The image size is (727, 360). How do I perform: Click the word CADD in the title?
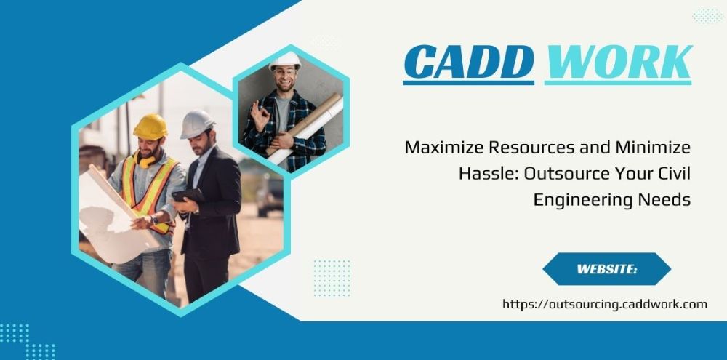(x=468, y=62)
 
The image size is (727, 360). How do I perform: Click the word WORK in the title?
(x=619, y=62)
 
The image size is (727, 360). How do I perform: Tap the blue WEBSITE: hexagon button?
(x=607, y=269)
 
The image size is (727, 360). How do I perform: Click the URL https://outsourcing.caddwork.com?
(x=605, y=304)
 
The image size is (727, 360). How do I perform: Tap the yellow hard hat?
(x=150, y=127)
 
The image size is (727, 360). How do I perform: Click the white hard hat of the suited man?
(x=196, y=124)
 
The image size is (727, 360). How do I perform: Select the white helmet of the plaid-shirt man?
(x=285, y=60)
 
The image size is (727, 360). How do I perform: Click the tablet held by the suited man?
(x=188, y=196)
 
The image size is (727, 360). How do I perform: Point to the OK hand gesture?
(x=260, y=116)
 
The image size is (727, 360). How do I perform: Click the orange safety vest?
(x=148, y=191)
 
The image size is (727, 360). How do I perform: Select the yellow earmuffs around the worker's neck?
(x=145, y=159)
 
